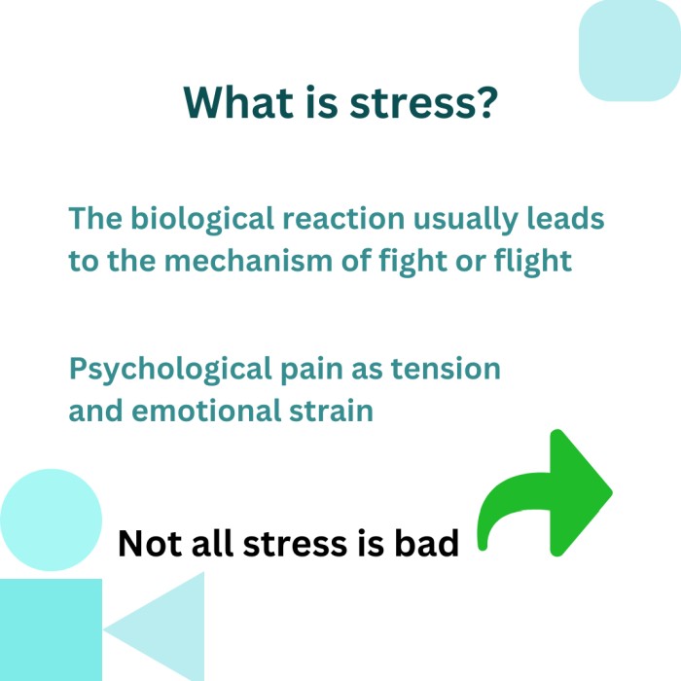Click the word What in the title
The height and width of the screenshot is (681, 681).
(x=238, y=102)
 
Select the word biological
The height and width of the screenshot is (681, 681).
(x=202, y=220)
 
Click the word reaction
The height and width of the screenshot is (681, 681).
(x=343, y=218)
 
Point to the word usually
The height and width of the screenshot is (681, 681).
(x=465, y=220)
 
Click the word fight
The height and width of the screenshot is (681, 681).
(x=412, y=262)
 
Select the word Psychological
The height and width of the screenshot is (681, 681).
(x=170, y=370)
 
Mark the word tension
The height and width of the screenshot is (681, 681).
(x=446, y=369)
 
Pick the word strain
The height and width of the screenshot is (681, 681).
(x=331, y=411)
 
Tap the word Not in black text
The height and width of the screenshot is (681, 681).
(x=150, y=543)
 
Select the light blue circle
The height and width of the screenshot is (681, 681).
(x=51, y=520)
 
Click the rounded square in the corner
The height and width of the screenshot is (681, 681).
(x=629, y=51)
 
